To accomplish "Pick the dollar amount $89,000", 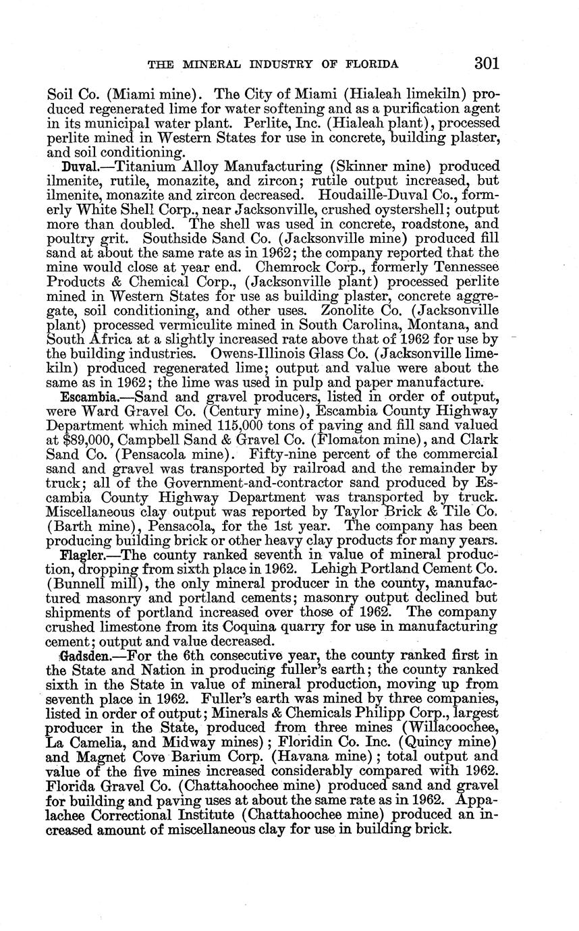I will click(x=77, y=441).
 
